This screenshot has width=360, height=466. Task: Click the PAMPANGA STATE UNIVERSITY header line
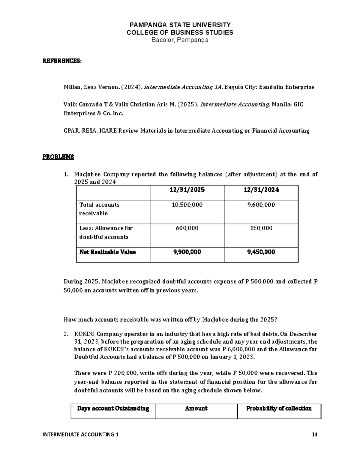tap(180, 25)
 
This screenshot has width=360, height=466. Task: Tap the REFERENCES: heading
tap(61, 61)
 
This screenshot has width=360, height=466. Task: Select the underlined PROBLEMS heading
tap(58, 157)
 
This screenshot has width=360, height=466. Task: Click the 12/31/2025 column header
tap(187, 190)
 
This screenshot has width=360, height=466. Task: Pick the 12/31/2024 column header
tap(261, 190)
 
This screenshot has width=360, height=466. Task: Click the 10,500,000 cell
tap(187, 205)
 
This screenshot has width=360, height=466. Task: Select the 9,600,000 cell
tap(261, 205)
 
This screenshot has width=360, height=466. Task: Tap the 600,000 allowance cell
tap(187, 228)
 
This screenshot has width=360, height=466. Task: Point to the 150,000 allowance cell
tap(261, 228)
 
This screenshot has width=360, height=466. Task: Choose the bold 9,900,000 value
tap(187, 252)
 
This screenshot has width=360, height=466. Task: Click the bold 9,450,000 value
tap(261, 252)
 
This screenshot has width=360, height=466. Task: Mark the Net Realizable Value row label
tap(107, 252)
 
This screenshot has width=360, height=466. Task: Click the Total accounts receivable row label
tap(99, 209)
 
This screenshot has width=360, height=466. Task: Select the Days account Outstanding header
tap(113, 409)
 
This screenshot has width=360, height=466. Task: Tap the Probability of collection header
tap(279, 409)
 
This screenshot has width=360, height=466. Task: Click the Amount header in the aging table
tap(196, 409)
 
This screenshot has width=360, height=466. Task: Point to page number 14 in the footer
tap(314, 434)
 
